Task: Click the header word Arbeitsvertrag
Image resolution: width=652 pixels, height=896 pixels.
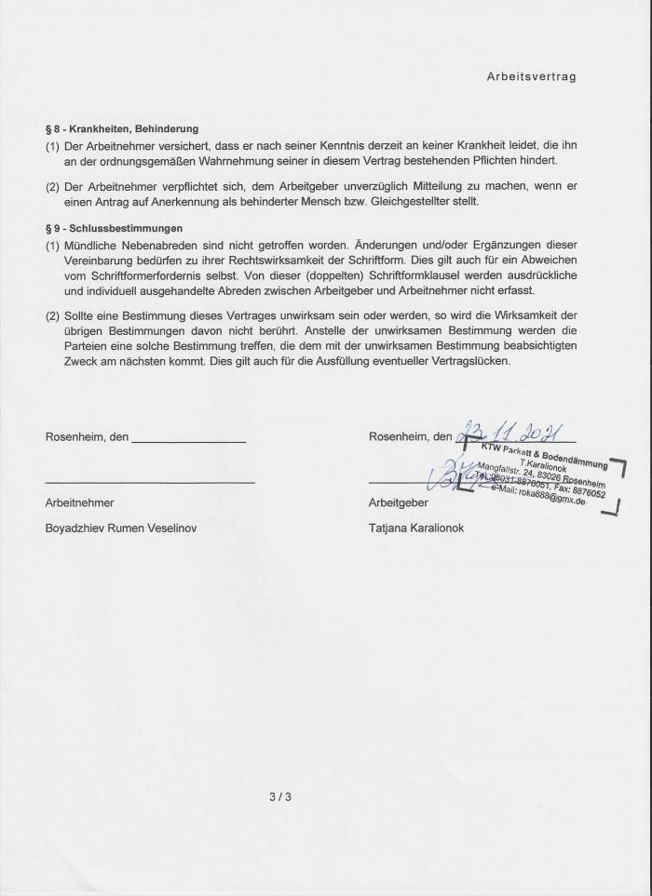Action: click(531, 77)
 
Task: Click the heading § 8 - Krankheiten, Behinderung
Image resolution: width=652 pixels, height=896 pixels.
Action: click(122, 129)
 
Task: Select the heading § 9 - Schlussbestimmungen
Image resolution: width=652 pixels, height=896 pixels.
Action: click(114, 228)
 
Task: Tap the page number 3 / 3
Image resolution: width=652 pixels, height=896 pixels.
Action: click(280, 796)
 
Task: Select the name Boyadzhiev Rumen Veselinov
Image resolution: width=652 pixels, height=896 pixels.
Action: click(121, 528)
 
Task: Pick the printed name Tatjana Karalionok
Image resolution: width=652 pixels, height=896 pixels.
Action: click(416, 528)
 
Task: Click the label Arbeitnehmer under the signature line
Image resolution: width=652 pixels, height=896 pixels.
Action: click(79, 502)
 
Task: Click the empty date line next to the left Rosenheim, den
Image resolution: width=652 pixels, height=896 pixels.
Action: click(189, 438)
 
